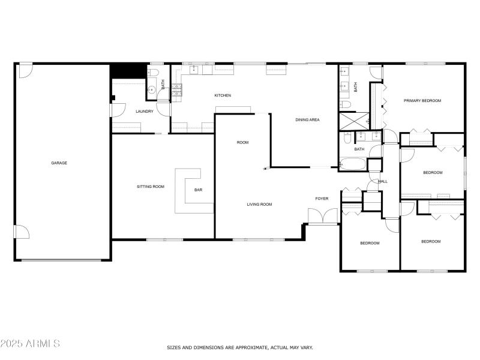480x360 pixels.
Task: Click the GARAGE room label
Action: click(59, 163)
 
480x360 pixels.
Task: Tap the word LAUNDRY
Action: click(145, 111)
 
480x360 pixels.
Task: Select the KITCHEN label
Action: click(223, 95)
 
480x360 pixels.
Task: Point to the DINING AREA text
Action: click(307, 120)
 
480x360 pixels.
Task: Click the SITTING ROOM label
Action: click(151, 187)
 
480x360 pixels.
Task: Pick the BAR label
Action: click(198, 190)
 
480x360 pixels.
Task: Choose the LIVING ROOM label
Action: click(259, 205)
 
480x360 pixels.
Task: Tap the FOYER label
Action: click(322, 199)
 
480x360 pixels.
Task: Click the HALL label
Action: click(383, 181)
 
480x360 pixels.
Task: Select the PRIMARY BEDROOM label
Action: click(422, 101)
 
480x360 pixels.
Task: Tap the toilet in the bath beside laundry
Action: click(152, 73)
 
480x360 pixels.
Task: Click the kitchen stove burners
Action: click(178, 90)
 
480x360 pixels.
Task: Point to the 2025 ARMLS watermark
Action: click(30, 344)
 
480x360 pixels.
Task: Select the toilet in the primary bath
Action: click(346, 104)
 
